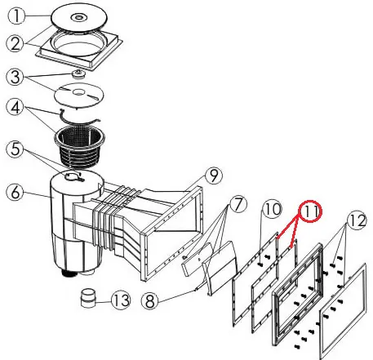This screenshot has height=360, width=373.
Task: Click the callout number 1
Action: pos(16,16)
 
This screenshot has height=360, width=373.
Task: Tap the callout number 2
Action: pos(16,43)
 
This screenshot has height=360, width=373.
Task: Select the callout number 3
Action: pos(16,77)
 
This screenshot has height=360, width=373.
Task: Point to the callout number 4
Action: pos(16,107)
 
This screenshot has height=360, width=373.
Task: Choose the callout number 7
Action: pos(238,205)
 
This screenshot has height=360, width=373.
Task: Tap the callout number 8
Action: pos(150,300)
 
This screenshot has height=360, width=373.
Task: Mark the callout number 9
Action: pos(214,176)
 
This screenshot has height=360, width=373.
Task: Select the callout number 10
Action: pos(273,210)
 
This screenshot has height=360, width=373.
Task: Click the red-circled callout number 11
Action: pos(311,211)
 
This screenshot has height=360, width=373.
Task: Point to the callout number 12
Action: pos(357,221)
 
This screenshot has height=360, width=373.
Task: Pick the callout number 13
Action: pos(121,300)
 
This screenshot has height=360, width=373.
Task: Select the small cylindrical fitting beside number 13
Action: pos(88,298)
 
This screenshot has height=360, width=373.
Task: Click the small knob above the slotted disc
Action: pos(78,73)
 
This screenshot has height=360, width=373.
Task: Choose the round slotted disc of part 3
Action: pos(79,95)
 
